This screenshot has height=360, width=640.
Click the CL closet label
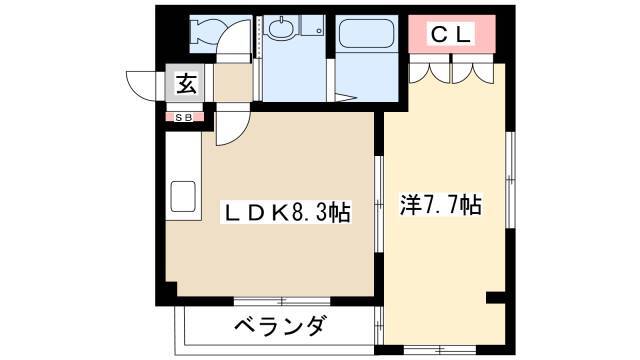(451, 34)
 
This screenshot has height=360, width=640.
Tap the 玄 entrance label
(186, 83)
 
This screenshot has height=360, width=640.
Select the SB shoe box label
(184, 118)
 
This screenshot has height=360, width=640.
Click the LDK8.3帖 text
(286, 212)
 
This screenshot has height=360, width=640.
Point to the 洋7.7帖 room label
(441, 204)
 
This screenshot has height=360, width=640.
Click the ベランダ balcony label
(281, 325)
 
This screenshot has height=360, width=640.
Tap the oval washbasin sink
(280, 28)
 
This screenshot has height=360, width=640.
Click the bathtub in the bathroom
(366, 33)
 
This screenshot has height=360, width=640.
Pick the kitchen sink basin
(183, 196)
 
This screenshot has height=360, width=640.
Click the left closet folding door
(429, 73)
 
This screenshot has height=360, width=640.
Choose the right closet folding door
(473, 73)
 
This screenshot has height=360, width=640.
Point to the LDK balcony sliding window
(282, 302)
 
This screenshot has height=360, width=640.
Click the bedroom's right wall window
(510, 180)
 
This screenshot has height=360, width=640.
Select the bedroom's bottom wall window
(440, 350)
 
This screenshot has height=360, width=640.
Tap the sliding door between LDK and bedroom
(379, 204)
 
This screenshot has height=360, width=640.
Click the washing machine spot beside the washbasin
(313, 26)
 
